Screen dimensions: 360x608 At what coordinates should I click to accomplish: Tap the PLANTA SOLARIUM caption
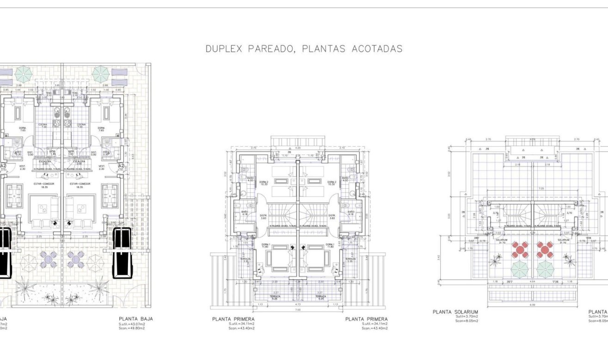[x=455, y=312]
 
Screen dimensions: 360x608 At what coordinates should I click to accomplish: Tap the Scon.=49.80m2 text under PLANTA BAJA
[x=132, y=329]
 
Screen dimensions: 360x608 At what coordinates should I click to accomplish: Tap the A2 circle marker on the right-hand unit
[x=121, y=165]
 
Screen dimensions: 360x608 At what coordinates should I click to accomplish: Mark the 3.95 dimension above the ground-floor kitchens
[x=57, y=85]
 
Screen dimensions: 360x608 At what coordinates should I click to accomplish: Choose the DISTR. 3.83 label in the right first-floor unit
[x=332, y=216]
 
